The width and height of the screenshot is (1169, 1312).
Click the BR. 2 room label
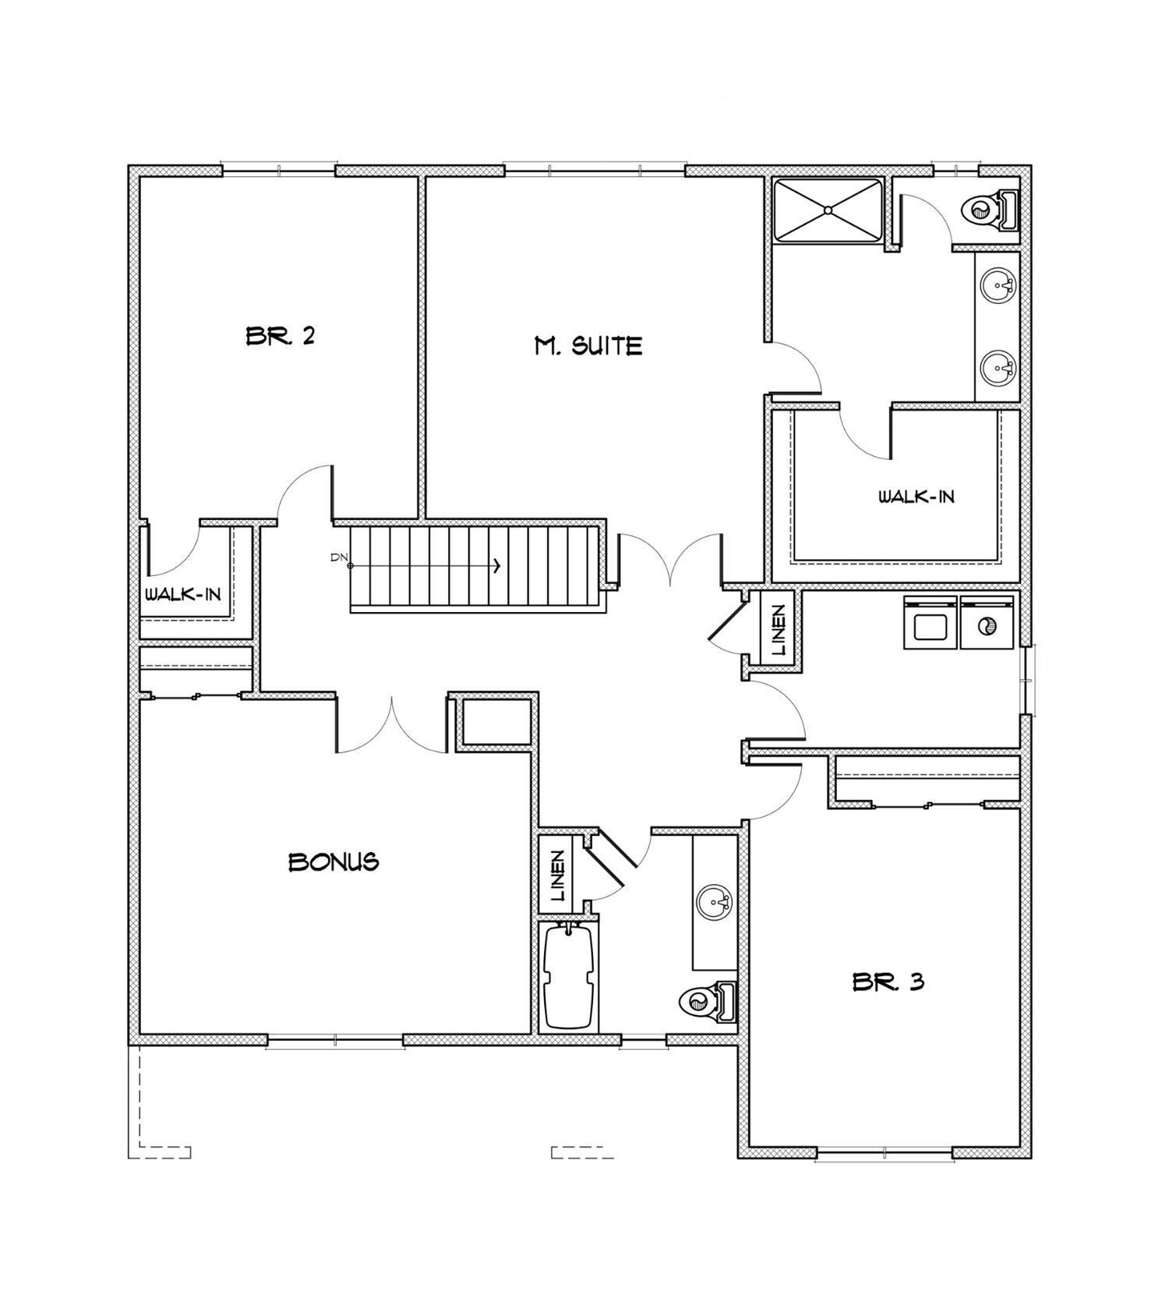(x=280, y=336)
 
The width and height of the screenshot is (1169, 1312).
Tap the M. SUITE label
(x=588, y=345)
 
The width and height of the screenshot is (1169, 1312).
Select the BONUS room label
(x=334, y=861)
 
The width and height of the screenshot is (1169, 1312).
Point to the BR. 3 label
(x=888, y=981)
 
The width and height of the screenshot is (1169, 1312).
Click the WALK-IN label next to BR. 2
(x=183, y=595)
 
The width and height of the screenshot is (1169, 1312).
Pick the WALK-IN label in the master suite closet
(x=916, y=497)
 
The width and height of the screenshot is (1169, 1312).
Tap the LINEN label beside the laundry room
(x=778, y=630)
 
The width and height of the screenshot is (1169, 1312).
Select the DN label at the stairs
(x=338, y=557)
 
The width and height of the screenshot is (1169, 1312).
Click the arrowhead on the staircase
(x=496, y=566)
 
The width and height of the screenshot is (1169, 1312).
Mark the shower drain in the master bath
(x=828, y=210)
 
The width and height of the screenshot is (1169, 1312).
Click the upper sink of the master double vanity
(x=998, y=285)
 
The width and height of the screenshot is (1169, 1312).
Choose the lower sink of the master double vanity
(x=998, y=366)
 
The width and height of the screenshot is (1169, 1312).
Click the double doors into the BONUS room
(x=391, y=725)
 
